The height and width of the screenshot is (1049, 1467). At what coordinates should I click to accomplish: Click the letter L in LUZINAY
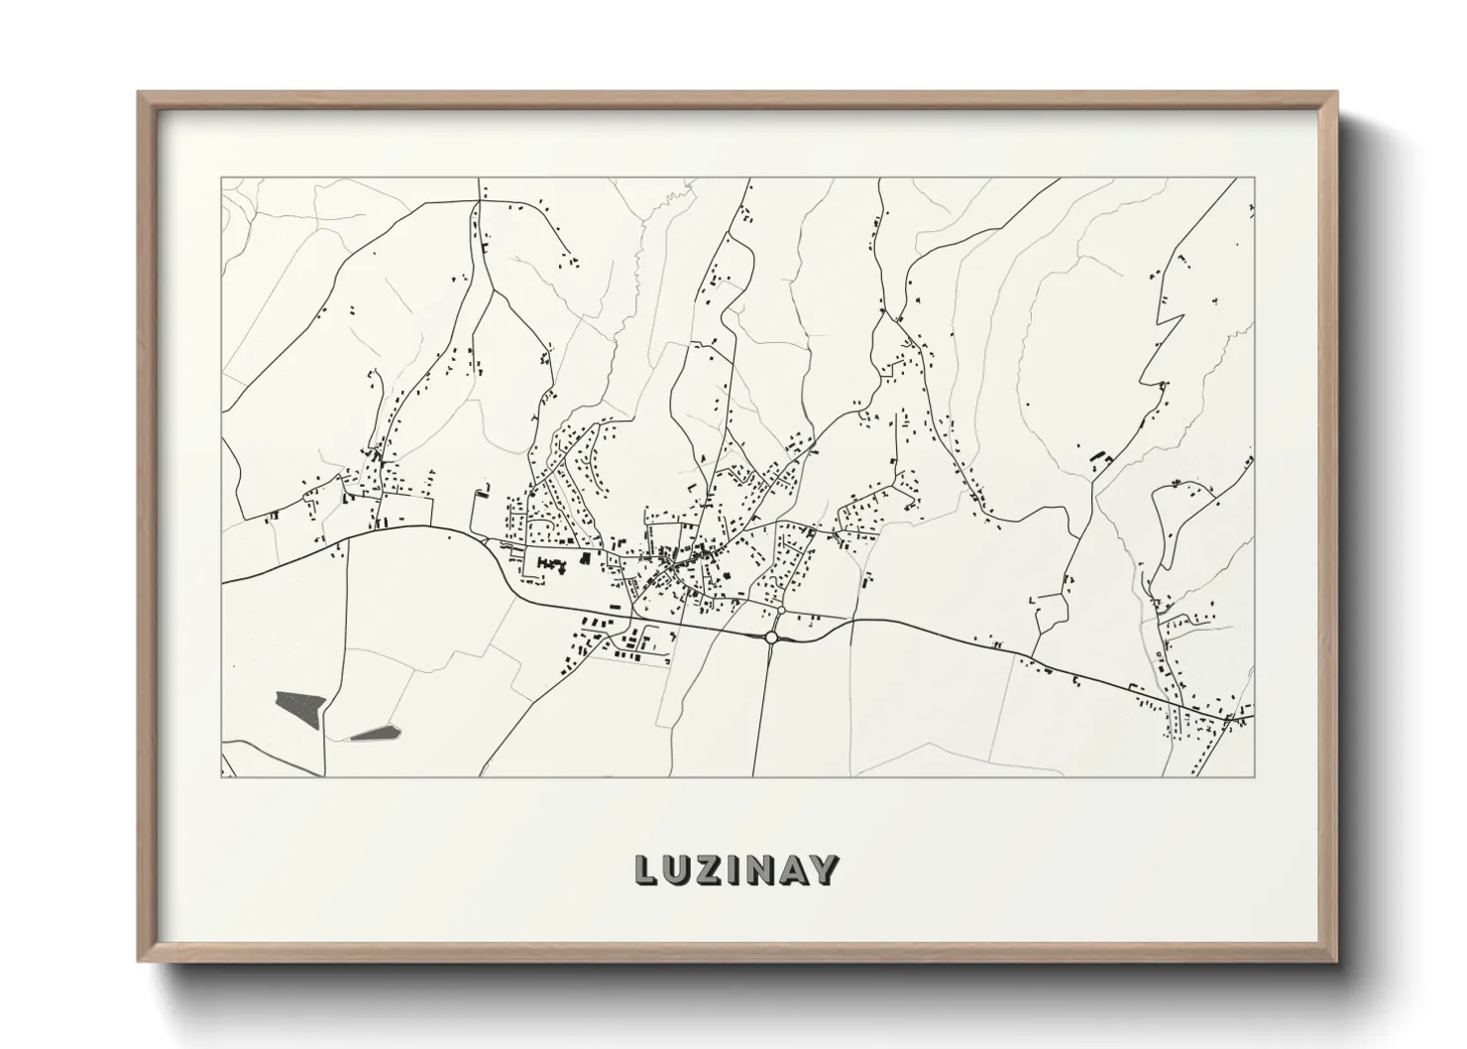click(x=646, y=870)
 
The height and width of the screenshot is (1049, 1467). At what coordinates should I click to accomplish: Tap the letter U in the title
click(x=677, y=870)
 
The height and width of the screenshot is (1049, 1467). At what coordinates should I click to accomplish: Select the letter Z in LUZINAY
click(x=708, y=870)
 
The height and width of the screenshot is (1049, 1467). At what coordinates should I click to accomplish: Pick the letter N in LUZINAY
click(x=757, y=870)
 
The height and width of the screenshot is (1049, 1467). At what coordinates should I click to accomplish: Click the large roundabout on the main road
click(x=771, y=638)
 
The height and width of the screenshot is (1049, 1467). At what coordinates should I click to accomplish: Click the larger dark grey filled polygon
click(x=300, y=704)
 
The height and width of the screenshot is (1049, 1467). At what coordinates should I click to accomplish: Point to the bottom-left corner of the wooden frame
click(x=140, y=961)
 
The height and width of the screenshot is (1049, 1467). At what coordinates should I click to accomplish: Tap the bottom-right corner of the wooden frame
click(x=1337, y=961)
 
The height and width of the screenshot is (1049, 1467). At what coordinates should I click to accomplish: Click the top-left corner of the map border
click(x=221, y=178)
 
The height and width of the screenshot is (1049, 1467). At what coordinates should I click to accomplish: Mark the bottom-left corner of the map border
click(x=221, y=776)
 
